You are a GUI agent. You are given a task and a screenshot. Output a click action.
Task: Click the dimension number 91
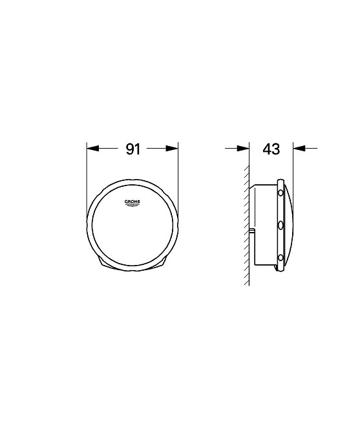(133, 149)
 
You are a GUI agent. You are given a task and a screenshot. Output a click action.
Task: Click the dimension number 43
(271, 149)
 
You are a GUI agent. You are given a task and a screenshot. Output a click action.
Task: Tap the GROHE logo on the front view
(132, 203)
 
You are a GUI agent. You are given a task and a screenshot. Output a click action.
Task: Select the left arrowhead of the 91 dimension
(93, 149)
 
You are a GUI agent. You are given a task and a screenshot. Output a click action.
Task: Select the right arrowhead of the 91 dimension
(172, 149)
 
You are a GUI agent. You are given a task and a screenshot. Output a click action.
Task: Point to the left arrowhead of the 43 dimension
(243, 148)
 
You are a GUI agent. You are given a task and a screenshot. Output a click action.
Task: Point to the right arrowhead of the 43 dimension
(299, 148)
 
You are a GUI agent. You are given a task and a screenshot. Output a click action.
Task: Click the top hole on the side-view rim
(281, 193)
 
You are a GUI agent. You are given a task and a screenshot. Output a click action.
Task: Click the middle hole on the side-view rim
(281, 226)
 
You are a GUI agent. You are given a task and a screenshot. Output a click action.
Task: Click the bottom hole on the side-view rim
(281, 258)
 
